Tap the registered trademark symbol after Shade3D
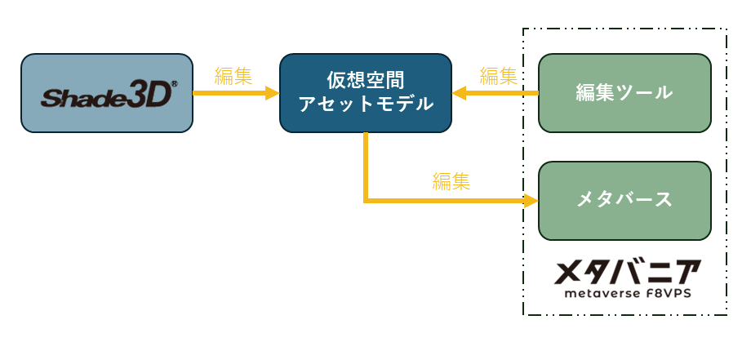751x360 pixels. point(175,84)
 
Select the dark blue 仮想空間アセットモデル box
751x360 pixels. point(366,93)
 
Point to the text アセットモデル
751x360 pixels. point(366,104)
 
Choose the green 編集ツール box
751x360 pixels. point(624,93)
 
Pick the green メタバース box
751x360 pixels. point(624,201)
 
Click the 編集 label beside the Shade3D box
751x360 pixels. point(233,76)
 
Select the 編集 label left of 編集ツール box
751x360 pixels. point(498,76)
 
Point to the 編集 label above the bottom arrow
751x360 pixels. point(451,181)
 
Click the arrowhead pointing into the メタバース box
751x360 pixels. point(531,201)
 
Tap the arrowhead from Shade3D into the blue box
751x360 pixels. point(273,93)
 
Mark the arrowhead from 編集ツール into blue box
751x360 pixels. point(459,93)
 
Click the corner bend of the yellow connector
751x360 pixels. point(366,201)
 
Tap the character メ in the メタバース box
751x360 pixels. point(586,200)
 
